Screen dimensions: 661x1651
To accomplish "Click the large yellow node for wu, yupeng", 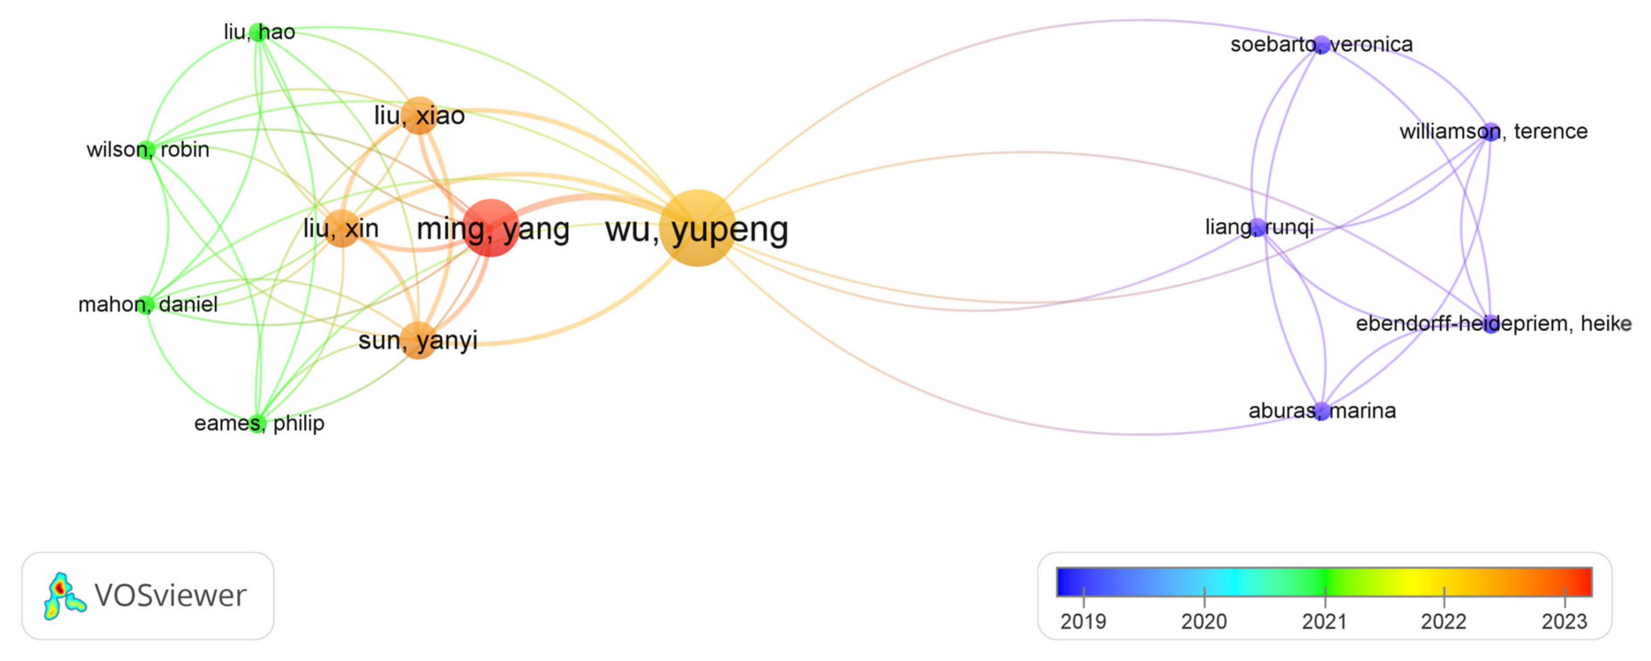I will tap(697, 227).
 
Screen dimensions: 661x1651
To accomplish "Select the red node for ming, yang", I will tap(490, 227).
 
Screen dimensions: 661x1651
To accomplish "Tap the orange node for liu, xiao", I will tap(419, 115).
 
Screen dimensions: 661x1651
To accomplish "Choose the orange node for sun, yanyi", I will tap(419, 340).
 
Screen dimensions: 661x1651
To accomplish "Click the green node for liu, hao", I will tap(258, 32).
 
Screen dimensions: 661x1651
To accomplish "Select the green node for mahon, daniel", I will tap(145, 304).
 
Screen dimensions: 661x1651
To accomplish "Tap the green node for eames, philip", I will tap(257, 423).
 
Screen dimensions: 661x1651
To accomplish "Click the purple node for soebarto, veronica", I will tap(1321, 44).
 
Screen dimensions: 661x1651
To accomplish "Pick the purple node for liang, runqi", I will tap(1258, 227).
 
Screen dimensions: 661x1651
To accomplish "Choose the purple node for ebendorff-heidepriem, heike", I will tap(1491, 324).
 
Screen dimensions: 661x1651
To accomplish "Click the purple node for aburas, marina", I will tap(1321, 410).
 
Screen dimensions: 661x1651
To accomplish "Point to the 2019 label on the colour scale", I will tap(1083, 621).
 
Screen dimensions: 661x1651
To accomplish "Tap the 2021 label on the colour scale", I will tap(1324, 621).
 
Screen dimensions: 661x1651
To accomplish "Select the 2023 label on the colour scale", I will tap(1564, 621).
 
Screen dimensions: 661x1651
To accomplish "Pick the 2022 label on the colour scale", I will tap(1443, 621).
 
